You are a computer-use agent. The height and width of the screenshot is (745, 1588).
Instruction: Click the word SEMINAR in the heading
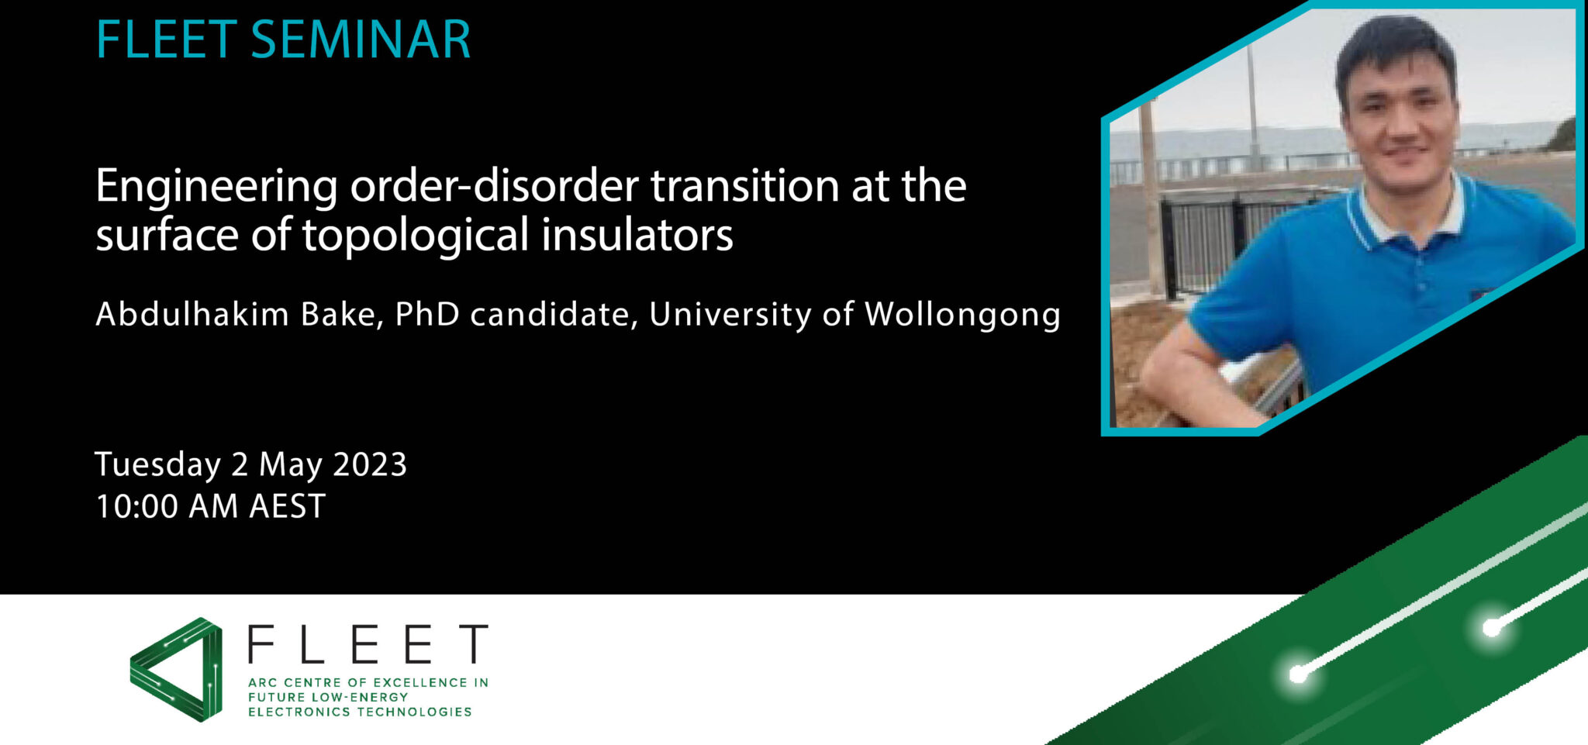click(361, 40)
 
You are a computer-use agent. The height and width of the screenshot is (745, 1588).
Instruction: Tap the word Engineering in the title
click(216, 188)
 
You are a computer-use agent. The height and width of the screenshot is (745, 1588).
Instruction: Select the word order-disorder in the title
click(495, 186)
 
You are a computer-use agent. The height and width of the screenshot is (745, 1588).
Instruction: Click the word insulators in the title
click(637, 234)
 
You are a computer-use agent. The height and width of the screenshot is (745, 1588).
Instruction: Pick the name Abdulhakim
click(192, 314)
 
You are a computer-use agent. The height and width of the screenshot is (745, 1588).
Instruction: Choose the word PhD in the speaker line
click(426, 314)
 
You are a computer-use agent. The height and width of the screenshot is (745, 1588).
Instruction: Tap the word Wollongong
click(962, 316)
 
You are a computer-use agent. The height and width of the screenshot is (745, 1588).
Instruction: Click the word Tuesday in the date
click(157, 465)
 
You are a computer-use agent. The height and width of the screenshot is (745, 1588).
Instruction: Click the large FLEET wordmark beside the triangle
click(368, 643)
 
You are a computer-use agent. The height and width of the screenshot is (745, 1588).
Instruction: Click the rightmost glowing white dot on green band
click(1491, 628)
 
